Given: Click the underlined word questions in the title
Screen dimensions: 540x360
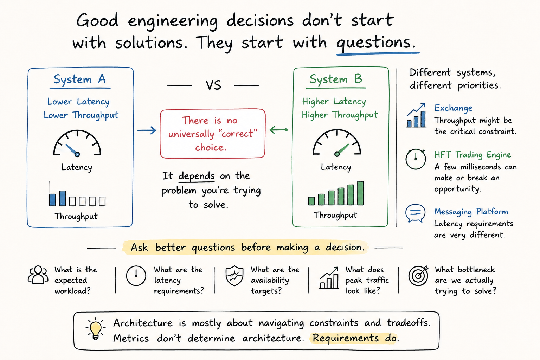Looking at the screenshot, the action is [376, 43].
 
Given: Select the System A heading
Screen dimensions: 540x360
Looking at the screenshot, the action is [79, 79].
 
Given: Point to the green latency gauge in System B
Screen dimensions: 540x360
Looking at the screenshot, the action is [337, 143].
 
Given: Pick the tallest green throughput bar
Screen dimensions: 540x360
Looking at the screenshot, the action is [360, 193].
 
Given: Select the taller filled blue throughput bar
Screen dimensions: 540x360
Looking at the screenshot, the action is [63, 198].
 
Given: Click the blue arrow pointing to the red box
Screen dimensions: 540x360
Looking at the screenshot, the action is [147, 130].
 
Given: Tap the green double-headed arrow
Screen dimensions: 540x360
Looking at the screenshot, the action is [279, 130].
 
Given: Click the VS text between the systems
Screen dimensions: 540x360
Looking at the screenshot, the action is [213, 85].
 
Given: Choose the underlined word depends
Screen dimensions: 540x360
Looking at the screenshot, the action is [196, 176].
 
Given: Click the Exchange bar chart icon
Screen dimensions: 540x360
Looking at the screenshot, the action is [416, 115].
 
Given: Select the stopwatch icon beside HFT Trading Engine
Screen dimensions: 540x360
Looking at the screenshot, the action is [416, 159].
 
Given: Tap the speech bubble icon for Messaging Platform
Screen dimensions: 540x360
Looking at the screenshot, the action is [415, 213].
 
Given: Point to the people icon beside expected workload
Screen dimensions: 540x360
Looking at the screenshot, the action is [38, 275].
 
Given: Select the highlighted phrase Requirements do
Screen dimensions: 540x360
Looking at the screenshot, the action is [354, 338].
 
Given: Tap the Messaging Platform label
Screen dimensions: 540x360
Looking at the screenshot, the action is [471, 212].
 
